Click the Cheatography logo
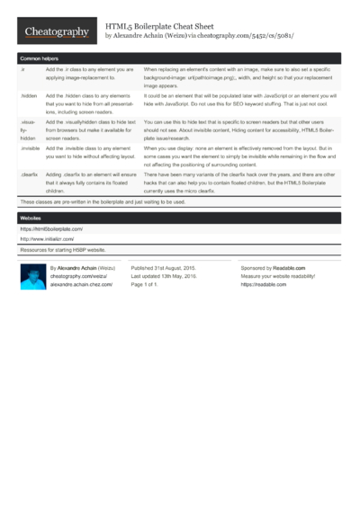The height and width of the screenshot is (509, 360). pyautogui.click(x=56, y=32)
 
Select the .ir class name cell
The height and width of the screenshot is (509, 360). pyautogui.click(x=22, y=69)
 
